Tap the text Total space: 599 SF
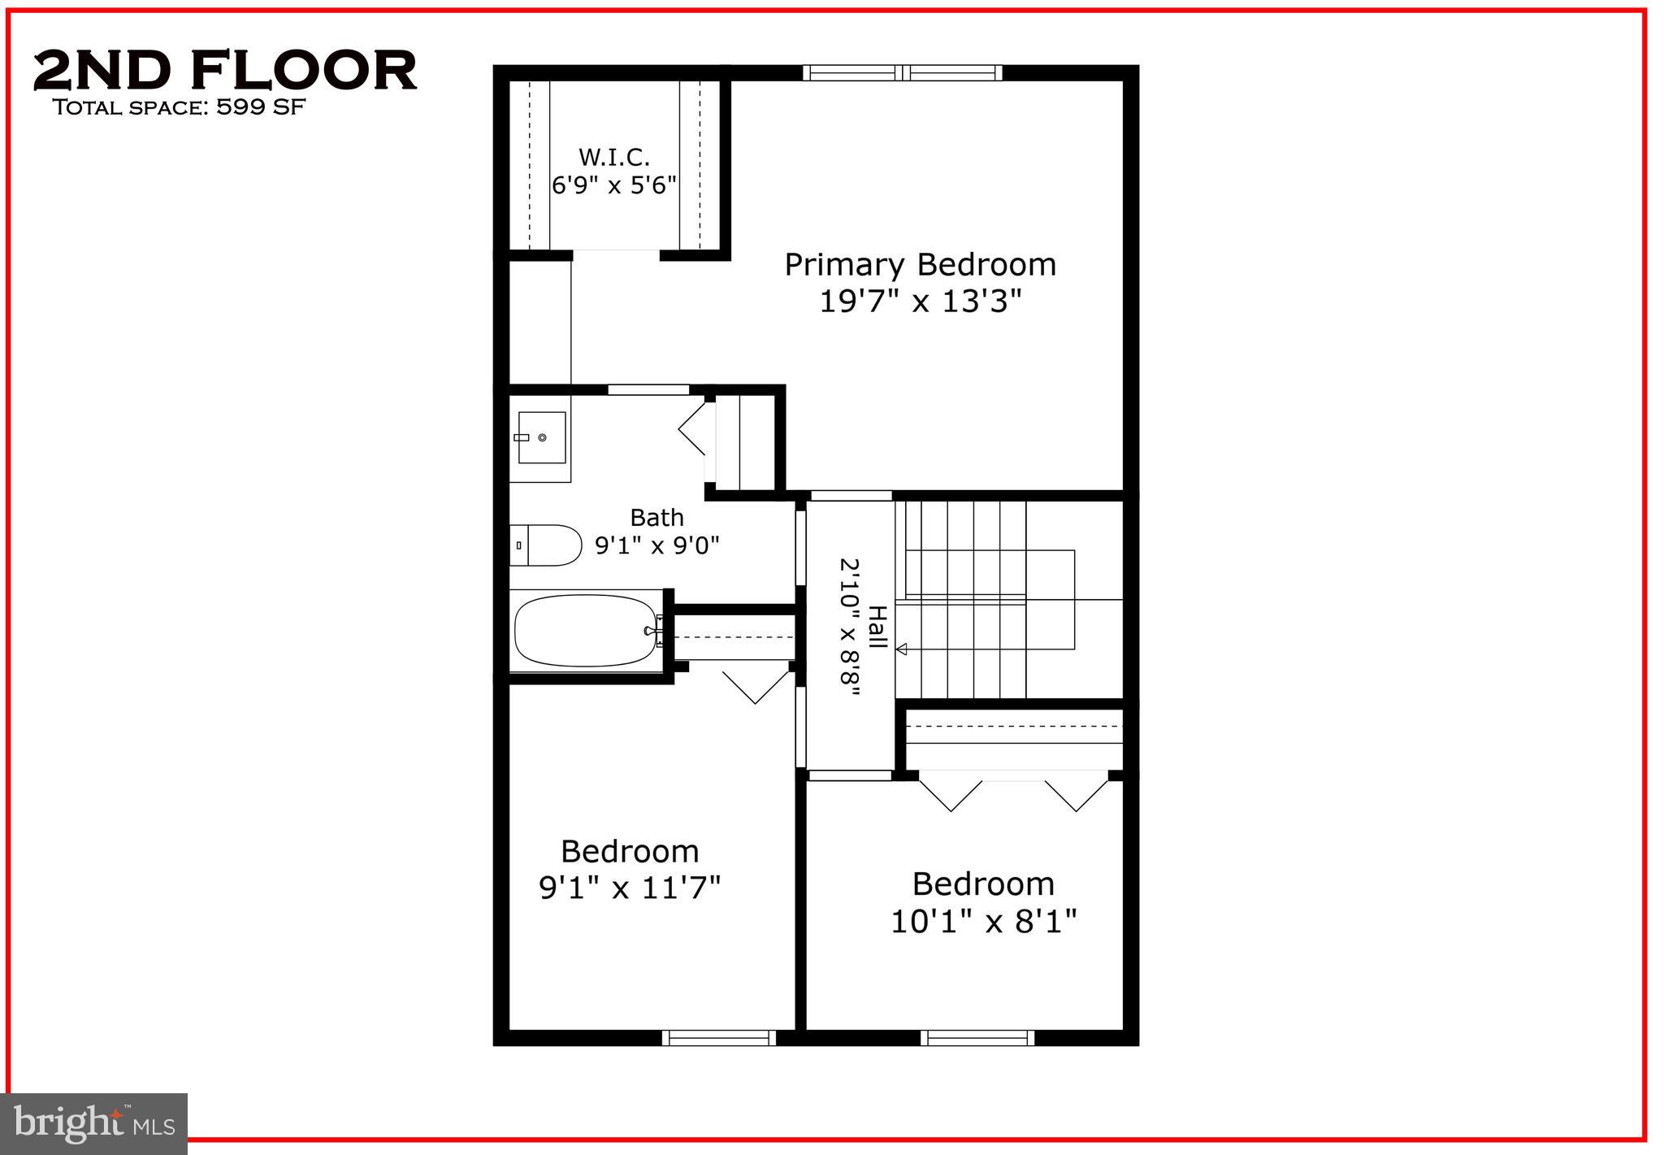pyautogui.click(x=179, y=107)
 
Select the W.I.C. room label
pyautogui.click(x=613, y=157)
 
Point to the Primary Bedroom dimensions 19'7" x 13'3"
pyautogui.click(x=919, y=302)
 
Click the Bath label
pyautogui.click(x=656, y=517)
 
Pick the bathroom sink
pyautogui.click(x=541, y=437)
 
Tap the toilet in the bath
pyautogui.click(x=548, y=545)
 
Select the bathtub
pyautogui.click(x=587, y=631)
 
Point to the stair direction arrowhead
pyautogui.click(x=901, y=649)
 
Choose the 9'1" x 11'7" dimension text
pyautogui.click(x=630, y=888)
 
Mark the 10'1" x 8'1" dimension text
pyautogui.click(x=983, y=922)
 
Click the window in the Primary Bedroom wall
pyautogui.click(x=902, y=73)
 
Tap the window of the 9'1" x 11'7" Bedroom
pyautogui.click(x=718, y=1037)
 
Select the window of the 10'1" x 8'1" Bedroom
pyautogui.click(x=977, y=1037)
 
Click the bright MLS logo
pyautogui.click(x=94, y=1123)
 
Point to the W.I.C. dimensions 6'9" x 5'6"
pyautogui.click(x=613, y=185)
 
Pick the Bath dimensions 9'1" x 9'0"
pyautogui.click(x=656, y=545)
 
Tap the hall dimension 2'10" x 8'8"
pyautogui.click(x=850, y=626)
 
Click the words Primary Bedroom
pyautogui.click(x=919, y=265)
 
